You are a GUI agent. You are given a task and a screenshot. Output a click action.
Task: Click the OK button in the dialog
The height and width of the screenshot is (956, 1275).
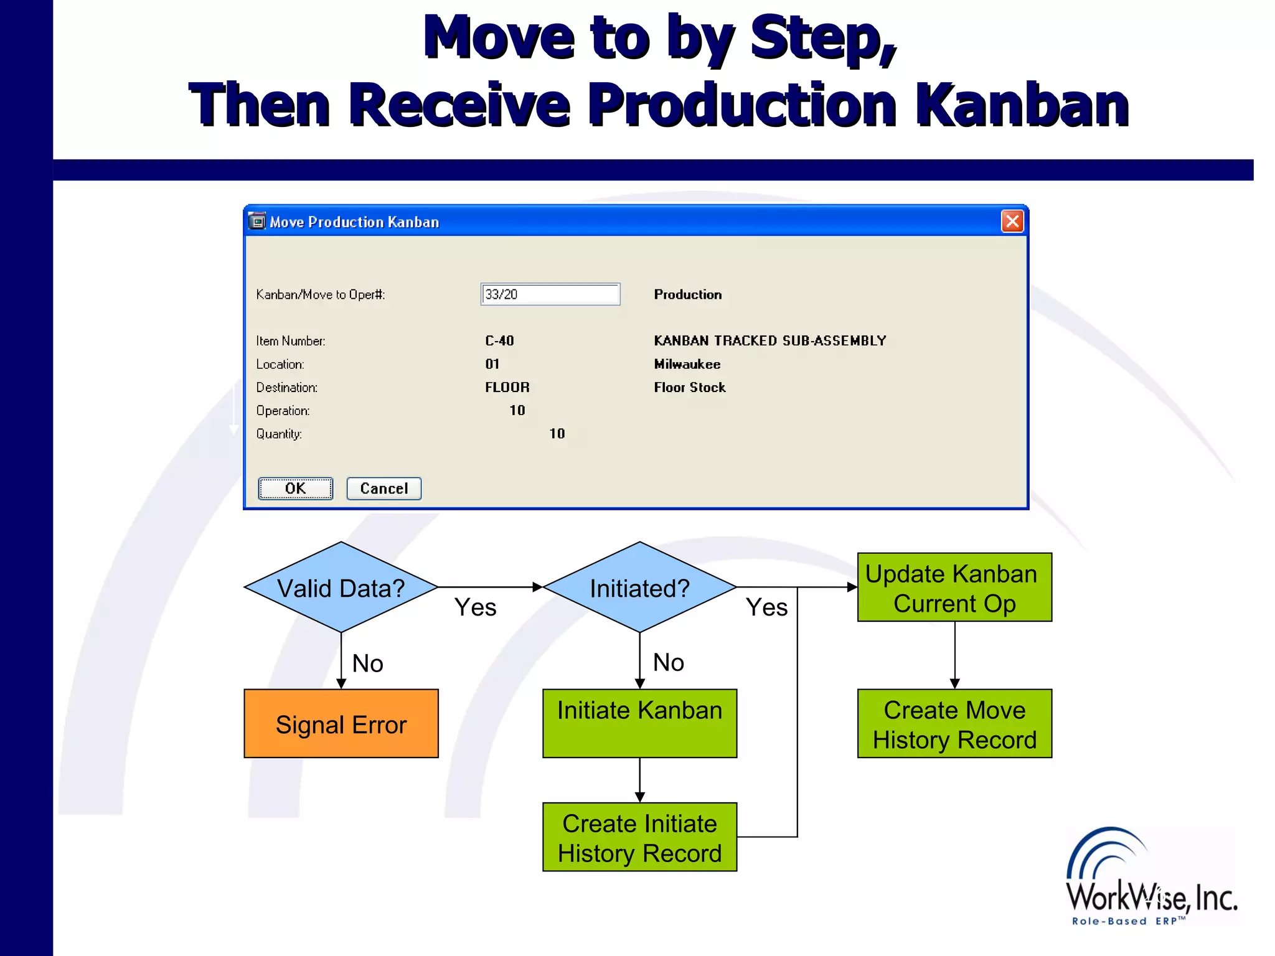[295, 489]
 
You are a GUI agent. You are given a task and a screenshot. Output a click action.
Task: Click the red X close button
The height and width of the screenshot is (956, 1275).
[1012, 221]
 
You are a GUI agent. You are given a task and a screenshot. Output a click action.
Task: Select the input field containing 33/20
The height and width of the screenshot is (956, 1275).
[550, 294]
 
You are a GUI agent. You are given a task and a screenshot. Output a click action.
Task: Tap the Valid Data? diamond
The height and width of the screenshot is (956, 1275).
[341, 588]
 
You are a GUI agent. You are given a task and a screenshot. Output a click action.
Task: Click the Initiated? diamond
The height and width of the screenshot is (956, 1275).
[639, 588]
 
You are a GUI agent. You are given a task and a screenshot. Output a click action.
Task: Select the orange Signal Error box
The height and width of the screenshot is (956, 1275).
[341, 724]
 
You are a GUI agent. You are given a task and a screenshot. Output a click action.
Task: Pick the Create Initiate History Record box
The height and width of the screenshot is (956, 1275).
[639, 837]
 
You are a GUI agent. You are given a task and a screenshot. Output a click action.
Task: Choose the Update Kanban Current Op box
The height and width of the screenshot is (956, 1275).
[954, 588]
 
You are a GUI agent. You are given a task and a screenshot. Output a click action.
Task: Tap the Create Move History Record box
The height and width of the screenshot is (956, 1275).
[954, 724]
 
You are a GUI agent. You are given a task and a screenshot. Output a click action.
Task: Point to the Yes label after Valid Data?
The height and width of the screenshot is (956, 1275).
[475, 607]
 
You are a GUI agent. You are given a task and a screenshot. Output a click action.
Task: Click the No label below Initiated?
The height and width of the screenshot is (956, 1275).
[668, 662]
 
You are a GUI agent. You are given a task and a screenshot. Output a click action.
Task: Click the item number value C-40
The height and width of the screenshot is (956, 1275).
[499, 341]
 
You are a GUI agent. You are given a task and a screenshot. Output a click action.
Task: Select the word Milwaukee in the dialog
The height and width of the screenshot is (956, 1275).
[687, 364]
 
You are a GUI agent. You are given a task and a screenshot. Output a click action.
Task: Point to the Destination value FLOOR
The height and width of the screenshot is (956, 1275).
[507, 387]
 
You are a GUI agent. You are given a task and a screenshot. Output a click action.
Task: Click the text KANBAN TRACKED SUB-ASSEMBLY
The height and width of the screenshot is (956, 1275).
[769, 341]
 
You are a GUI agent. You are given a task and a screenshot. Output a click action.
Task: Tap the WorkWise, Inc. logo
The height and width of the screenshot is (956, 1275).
[1150, 878]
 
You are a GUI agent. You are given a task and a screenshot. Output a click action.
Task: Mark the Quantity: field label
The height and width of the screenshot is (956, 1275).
[279, 434]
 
